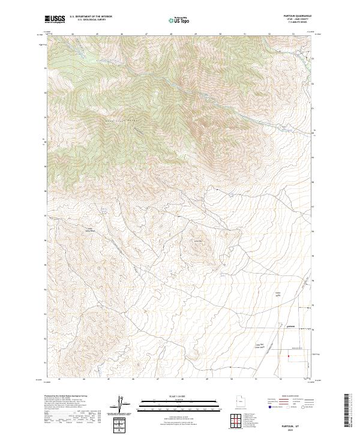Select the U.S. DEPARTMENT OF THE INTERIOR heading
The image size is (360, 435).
[x=91, y=17]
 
